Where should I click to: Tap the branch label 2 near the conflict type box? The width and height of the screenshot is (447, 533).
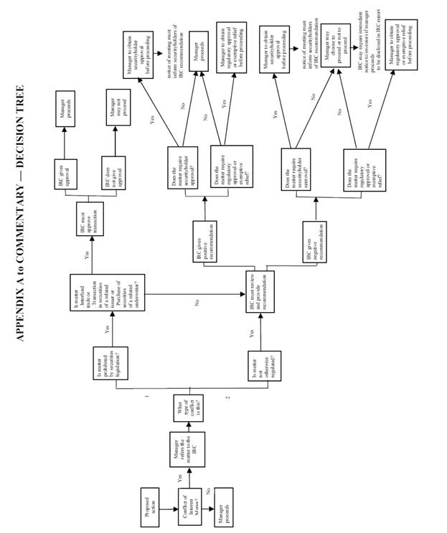click(227, 396)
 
